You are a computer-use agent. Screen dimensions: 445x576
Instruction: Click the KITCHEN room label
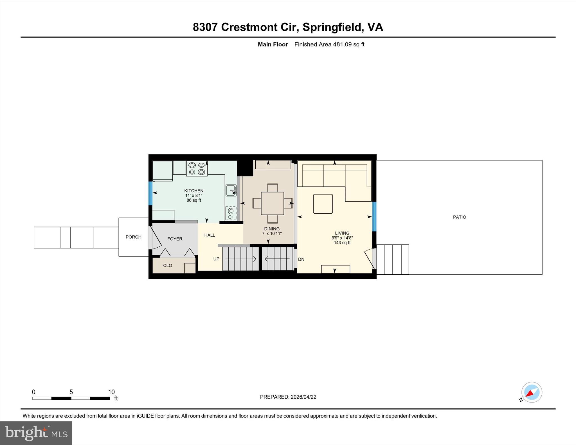tap(193, 191)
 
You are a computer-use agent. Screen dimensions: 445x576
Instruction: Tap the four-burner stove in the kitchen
tap(197, 169)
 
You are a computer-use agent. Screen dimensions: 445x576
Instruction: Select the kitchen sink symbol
tap(231, 190)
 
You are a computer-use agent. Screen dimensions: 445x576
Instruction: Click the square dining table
tap(272, 203)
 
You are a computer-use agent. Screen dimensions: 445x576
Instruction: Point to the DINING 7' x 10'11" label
tap(272, 231)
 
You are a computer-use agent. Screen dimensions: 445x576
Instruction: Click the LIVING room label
tap(342, 233)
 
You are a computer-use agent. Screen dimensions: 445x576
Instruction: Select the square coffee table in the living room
tap(323, 204)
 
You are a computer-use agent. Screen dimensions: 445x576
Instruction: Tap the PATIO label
tap(459, 217)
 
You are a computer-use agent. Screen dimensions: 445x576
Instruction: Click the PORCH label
tap(133, 237)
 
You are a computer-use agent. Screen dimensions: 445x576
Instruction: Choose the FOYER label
tap(175, 239)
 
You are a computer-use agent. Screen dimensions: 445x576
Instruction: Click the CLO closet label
tap(167, 265)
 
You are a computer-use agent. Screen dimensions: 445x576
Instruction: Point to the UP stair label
tap(216, 259)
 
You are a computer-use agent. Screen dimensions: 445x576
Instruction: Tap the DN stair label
tap(301, 259)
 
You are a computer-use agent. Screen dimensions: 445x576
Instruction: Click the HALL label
tap(210, 235)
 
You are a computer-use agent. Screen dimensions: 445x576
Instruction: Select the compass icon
tap(531, 392)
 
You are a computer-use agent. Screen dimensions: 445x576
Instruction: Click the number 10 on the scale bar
tap(111, 392)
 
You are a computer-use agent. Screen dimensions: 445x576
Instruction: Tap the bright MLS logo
tap(36, 433)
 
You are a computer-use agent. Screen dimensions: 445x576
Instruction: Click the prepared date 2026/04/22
tap(303, 397)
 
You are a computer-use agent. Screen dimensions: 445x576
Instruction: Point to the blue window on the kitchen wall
tap(150, 193)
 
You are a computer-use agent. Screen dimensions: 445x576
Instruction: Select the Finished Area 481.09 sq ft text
tap(329, 44)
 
